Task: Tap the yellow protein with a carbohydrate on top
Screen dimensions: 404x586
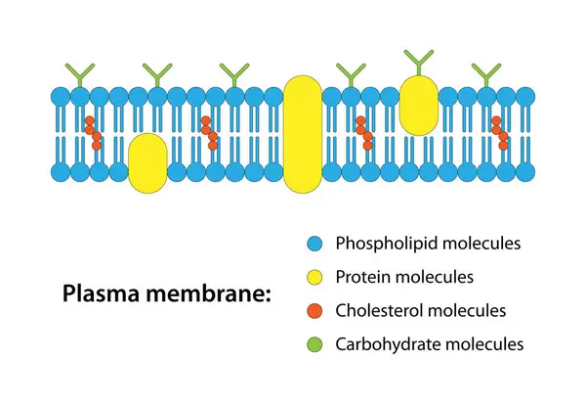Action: pos(418,106)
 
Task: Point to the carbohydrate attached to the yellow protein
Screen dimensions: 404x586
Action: pos(418,62)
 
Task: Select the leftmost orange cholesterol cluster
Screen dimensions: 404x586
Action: pos(93,133)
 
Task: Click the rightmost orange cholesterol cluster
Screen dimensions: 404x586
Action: pos(500,133)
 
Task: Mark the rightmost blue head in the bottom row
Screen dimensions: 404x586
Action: pos(525,173)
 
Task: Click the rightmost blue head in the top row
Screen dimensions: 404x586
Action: pos(525,97)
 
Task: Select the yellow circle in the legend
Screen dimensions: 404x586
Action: pos(314,278)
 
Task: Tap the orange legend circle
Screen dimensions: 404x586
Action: pos(314,311)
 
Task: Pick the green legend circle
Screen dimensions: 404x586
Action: pos(314,345)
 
